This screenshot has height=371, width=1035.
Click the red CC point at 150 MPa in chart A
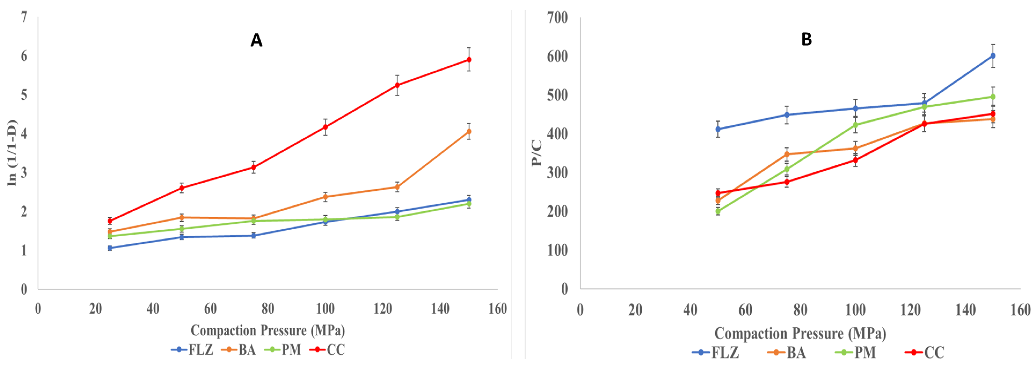[x=469, y=60]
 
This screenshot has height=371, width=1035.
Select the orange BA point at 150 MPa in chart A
[x=469, y=131]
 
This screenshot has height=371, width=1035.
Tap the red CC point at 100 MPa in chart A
[x=325, y=127]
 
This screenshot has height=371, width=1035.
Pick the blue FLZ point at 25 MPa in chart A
[x=110, y=248]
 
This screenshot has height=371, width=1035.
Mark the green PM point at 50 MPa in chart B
[x=718, y=211]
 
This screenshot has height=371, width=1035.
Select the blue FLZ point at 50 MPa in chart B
[x=718, y=129]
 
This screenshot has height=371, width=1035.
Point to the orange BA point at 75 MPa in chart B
[x=787, y=154]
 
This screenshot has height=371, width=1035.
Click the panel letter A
[x=256, y=40]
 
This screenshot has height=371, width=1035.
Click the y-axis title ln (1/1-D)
[x=13, y=152]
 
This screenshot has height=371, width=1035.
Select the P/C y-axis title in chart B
[x=537, y=152]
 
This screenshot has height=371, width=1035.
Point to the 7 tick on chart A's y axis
[x=24, y=17]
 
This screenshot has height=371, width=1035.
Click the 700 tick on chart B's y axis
[x=557, y=18]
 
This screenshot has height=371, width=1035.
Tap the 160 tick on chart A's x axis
[x=497, y=309]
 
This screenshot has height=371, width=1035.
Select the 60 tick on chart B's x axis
[x=745, y=310]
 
